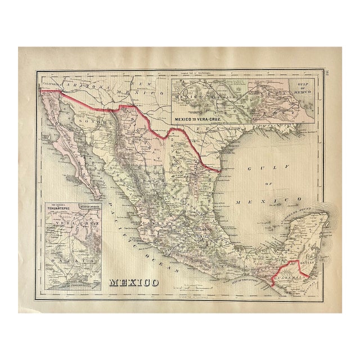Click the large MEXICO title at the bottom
133,281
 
